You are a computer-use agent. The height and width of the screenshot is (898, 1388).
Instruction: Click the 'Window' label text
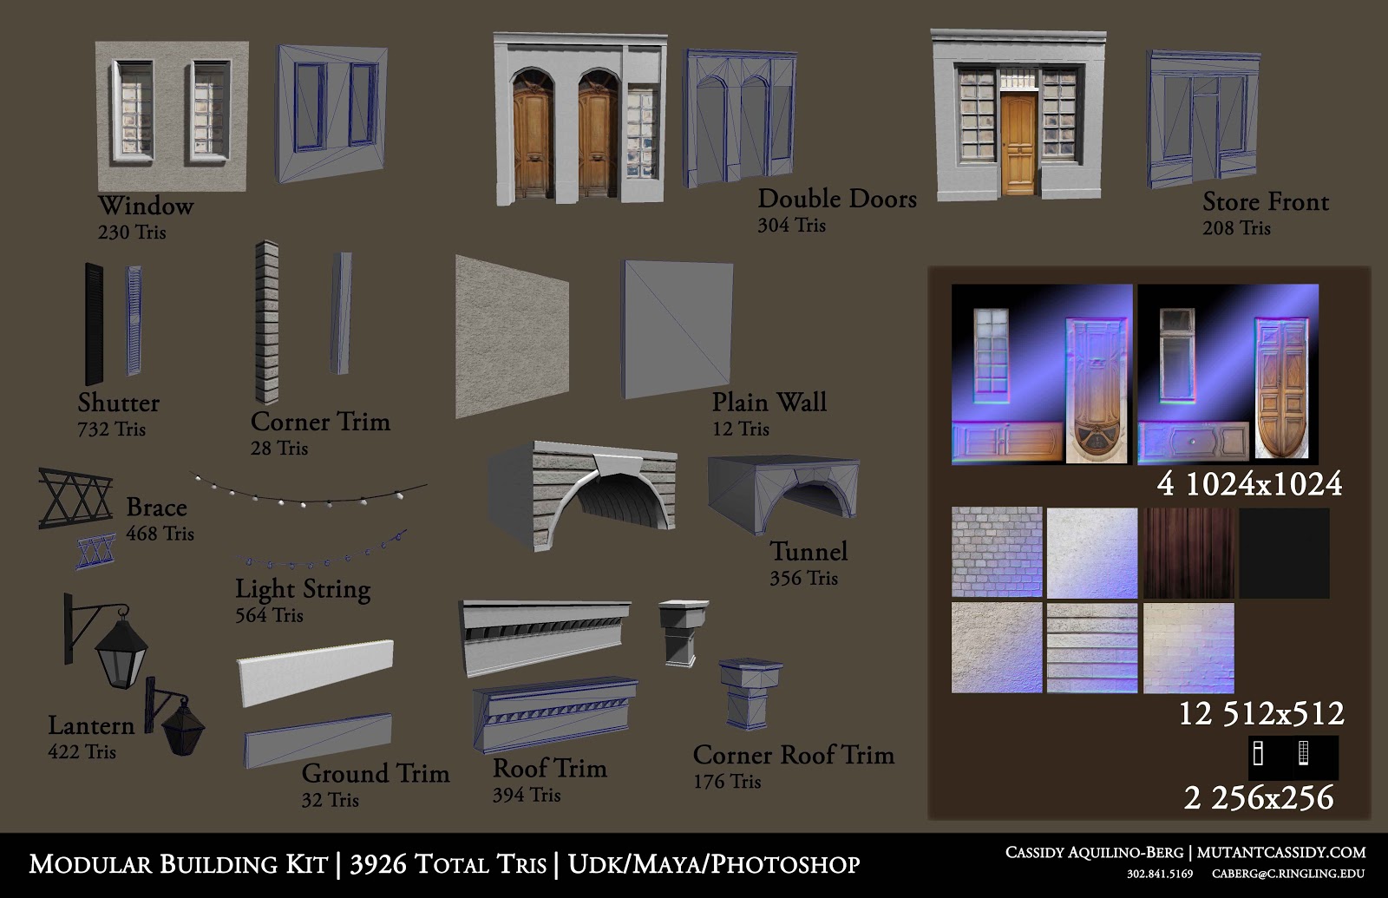pyautogui.click(x=145, y=206)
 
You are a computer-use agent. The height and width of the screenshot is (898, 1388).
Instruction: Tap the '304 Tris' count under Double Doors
pyautogui.click(x=791, y=226)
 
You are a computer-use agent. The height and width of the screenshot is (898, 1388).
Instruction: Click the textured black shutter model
pyautogui.click(x=94, y=323)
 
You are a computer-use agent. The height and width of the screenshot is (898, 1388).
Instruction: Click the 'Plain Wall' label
pyautogui.click(x=769, y=403)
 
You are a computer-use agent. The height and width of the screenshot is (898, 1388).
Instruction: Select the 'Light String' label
pyautogui.click(x=303, y=589)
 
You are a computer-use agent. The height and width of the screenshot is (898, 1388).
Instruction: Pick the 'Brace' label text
pyautogui.click(x=156, y=508)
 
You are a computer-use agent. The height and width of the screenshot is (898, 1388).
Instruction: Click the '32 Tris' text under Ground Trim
pyautogui.click(x=330, y=800)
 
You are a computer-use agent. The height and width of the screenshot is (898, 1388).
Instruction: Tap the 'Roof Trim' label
pyautogui.click(x=549, y=769)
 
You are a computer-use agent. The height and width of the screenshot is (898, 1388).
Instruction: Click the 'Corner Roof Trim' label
pyautogui.click(x=793, y=755)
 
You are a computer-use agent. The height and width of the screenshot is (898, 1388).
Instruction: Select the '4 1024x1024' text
pyautogui.click(x=1249, y=484)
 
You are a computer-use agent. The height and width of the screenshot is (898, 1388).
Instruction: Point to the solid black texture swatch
pyautogui.click(x=1284, y=553)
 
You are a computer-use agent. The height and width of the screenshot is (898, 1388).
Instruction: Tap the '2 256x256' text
pyautogui.click(x=1258, y=797)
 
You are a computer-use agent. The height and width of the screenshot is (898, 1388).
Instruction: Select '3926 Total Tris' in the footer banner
pyautogui.click(x=448, y=864)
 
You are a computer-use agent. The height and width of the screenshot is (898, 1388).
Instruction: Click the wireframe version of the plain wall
pyautogui.click(x=678, y=329)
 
